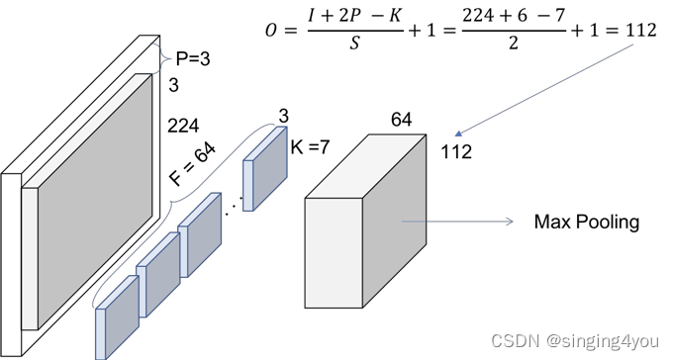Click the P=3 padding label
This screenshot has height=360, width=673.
193,58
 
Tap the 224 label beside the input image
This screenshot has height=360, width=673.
183,127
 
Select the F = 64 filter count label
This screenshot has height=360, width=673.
193,164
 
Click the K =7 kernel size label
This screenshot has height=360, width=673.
310,147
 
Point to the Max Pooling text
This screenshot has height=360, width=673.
587,222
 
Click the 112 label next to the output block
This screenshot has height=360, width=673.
456,152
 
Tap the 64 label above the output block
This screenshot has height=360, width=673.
401,120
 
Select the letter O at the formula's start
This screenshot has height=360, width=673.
271,31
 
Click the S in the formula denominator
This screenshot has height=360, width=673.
354,44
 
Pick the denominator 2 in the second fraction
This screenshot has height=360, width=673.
514,43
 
